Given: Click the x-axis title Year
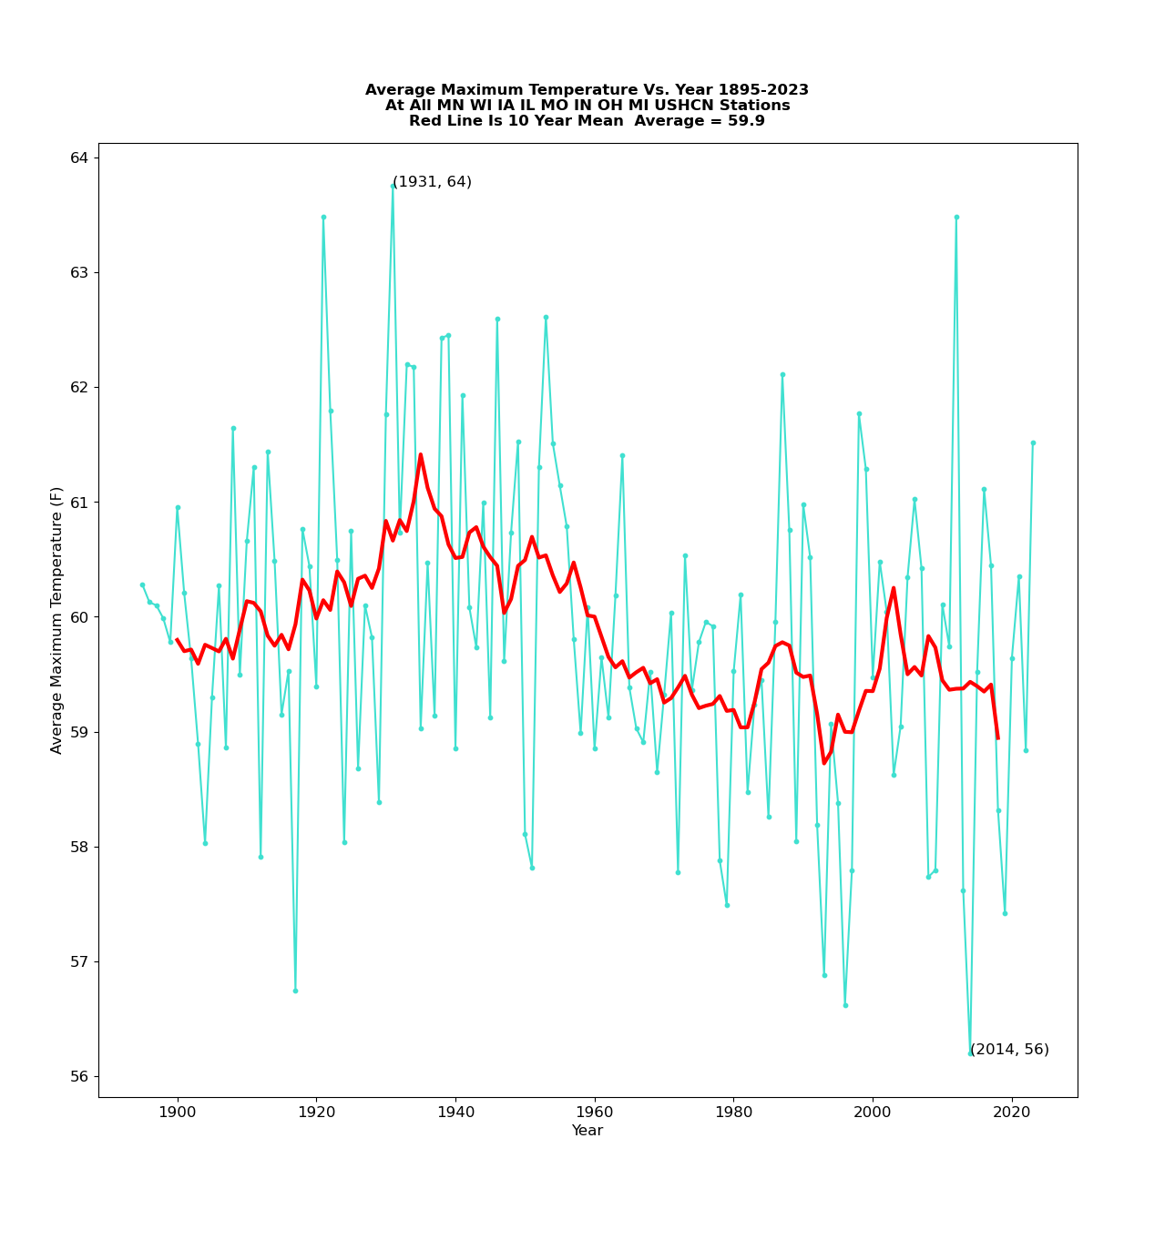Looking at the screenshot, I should (587, 1131).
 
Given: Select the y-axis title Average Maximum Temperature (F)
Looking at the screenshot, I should (57, 620).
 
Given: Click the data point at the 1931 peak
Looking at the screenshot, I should (393, 187).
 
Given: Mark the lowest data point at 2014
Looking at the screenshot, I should (970, 1053).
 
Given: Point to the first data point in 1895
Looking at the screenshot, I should (142, 584).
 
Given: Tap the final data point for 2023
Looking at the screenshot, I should (1033, 442).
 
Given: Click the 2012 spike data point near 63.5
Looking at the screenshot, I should (956, 217).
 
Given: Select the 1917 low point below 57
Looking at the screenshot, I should (295, 991).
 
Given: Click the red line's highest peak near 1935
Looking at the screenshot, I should (421, 454).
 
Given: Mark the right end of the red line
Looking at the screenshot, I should (998, 738).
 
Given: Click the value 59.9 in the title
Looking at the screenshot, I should (751, 121).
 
